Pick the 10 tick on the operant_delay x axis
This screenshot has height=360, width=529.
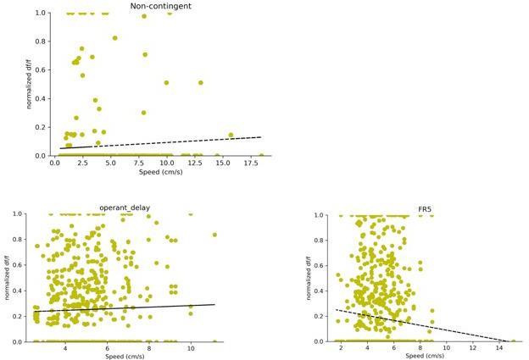pyautogui.click(x=191, y=349)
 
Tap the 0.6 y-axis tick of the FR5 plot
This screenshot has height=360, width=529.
pyautogui.click(x=319, y=265)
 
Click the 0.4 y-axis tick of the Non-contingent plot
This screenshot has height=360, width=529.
pyautogui.click(x=40, y=99)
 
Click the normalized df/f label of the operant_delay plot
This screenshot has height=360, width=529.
pyautogui.click(x=7, y=277)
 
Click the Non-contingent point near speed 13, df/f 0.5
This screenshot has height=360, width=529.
pyautogui.click(x=200, y=83)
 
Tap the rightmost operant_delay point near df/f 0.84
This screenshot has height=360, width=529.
pyautogui.click(x=214, y=235)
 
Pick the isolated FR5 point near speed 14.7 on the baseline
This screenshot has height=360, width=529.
pyautogui.click(x=513, y=341)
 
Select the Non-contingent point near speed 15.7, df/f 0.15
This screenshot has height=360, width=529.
pyautogui.click(x=231, y=135)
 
